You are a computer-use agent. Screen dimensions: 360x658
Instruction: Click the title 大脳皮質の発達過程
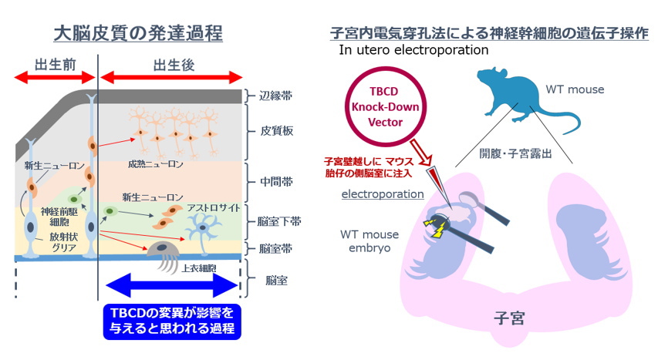coord(138,33)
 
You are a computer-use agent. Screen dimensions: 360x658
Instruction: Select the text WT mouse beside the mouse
coord(579,90)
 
